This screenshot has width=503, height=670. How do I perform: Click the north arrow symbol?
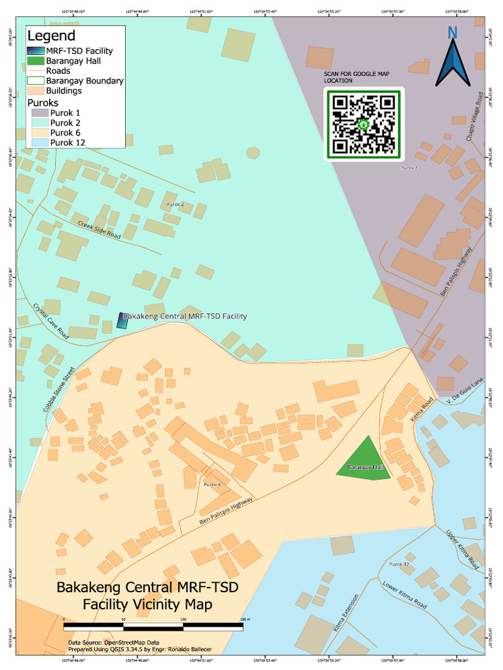click(453, 61)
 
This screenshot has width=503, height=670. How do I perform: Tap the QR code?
click(364, 124)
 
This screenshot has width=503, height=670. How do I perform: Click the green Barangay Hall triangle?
click(364, 459)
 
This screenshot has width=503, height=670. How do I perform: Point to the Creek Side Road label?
click(99, 229)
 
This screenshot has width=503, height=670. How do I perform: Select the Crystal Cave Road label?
click(50, 319)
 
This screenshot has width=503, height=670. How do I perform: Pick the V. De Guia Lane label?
click(458, 397)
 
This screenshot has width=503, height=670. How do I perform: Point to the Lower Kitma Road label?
click(404, 595)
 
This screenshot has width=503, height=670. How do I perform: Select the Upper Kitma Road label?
click(462, 549)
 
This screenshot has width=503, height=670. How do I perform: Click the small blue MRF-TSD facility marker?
click(121, 320)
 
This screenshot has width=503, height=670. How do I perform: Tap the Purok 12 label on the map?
click(399, 564)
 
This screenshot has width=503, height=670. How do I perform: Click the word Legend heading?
click(51, 37)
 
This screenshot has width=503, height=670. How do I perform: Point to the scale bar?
click(153, 626)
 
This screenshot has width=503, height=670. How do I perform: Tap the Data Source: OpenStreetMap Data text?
click(113, 643)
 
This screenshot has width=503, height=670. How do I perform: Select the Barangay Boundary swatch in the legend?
click(36, 80)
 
